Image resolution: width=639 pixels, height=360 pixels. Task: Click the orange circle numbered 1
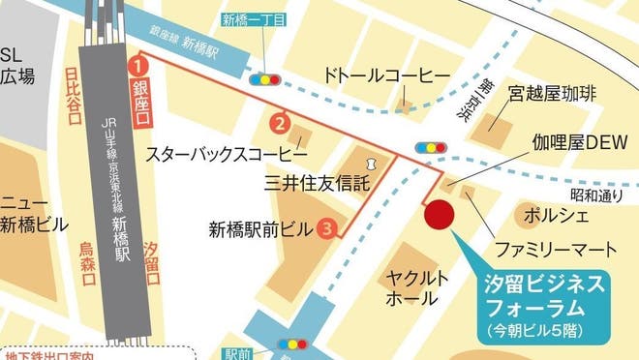[x=138, y=66]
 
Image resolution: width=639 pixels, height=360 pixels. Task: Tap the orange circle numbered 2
[x=279, y=123]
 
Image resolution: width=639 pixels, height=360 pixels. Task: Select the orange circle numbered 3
[x=328, y=229]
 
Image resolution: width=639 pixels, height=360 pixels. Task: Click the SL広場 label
[x=16, y=66]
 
